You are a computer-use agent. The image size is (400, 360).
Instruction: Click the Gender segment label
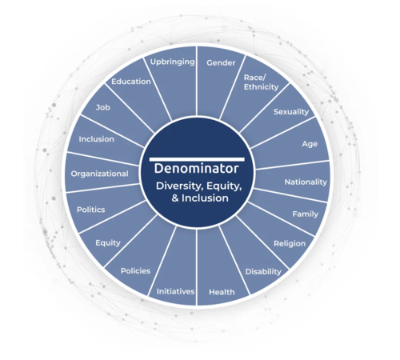click(x=221, y=63)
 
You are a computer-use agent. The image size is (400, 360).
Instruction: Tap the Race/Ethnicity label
click(x=261, y=82)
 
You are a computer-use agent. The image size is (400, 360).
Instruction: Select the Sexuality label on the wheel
click(x=291, y=112)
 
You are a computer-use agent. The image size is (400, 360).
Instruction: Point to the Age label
click(x=310, y=144)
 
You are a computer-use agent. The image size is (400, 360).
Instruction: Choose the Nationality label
click(x=306, y=182)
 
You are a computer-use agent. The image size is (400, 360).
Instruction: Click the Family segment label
click(x=305, y=214)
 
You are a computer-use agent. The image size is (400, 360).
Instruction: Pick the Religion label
click(x=290, y=243)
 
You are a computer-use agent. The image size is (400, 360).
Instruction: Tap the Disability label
click(x=263, y=272)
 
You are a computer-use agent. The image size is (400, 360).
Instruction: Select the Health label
click(x=222, y=292)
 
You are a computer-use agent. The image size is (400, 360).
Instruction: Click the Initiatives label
click(x=175, y=291)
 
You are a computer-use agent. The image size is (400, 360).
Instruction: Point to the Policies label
click(x=135, y=271)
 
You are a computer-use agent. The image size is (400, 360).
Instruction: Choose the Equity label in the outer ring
click(x=108, y=243)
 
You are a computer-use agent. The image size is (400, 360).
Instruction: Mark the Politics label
click(x=91, y=210)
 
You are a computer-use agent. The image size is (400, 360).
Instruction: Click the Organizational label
click(x=99, y=174)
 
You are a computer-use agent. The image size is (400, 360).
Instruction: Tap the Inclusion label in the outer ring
click(x=96, y=139)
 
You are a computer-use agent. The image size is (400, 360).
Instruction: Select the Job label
click(x=102, y=107)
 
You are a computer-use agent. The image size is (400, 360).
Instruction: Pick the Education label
click(x=131, y=82)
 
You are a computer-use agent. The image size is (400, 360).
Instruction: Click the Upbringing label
click(x=172, y=62)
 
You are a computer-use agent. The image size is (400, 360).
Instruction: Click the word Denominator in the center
click(x=196, y=169)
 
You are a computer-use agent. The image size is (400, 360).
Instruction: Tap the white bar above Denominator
click(x=197, y=159)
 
